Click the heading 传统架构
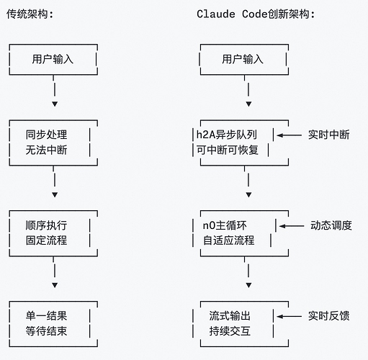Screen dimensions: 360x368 pyautogui.click(x=30, y=14)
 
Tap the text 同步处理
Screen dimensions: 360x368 pyautogui.click(x=46, y=135)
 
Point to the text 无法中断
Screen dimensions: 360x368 pyautogui.click(x=46, y=150)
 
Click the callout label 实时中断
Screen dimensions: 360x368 pyautogui.click(x=328, y=135)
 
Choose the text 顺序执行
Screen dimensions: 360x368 pyautogui.click(x=46, y=225)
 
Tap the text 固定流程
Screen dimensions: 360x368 pyautogui.click(x=46, y=240)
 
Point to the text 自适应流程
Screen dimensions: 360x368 pyautogui.click(x=228, y=240)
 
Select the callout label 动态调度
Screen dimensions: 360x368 pyautogui.click(x=331, y=225)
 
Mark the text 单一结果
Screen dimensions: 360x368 pyautogui.click(x=46, y=316)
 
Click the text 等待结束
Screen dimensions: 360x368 pyautogui.click(x=46, y=331)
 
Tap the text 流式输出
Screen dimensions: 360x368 pyautogui.click(x=230, y=316)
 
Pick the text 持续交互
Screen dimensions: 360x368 pyautogui.click(x=230, y=331)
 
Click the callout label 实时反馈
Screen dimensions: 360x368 pyautogui.click(x=328, y=316)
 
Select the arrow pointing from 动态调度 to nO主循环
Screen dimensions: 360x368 pyautogui.click(x=292, y=225)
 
